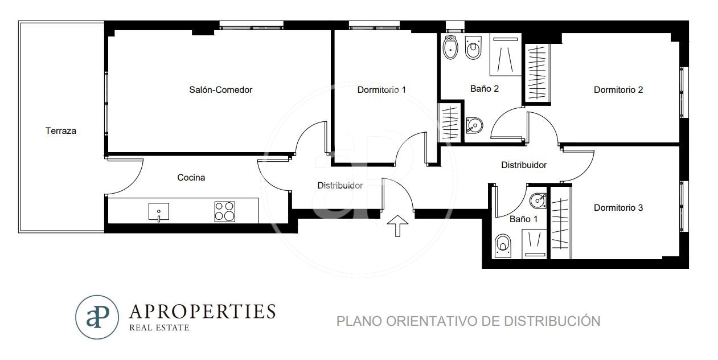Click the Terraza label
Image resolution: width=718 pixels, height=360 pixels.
pos(60,131)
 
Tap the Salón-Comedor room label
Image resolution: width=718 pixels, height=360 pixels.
pos(220,90)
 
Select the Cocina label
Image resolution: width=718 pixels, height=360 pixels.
pos(191,178)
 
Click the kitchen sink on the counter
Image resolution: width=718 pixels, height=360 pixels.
pos(159,212)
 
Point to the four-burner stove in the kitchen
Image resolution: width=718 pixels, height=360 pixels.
pos(225,211)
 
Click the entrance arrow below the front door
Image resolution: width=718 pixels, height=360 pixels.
pos(397,226)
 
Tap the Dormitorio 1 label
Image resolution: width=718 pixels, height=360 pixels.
pos(381,90)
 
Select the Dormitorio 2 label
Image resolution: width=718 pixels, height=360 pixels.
pos(618,90)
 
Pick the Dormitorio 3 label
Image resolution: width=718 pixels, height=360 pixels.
pos(618,208)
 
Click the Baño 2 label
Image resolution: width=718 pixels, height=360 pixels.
pos(485,88)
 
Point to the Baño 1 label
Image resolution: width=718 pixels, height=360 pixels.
pos(523,219)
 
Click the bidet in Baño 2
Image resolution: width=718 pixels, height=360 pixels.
pos(450,47)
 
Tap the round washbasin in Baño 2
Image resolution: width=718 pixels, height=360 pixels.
pos(474,125)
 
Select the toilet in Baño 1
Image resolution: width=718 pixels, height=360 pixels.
pos(503,246)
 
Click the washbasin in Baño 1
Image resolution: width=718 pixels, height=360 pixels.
pos(538,201)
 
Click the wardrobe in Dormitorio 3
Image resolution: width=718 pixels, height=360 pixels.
pos(560,223)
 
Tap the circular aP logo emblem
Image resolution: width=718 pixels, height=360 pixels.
pos(97,317)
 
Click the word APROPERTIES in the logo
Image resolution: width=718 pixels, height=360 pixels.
pos(202,311)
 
